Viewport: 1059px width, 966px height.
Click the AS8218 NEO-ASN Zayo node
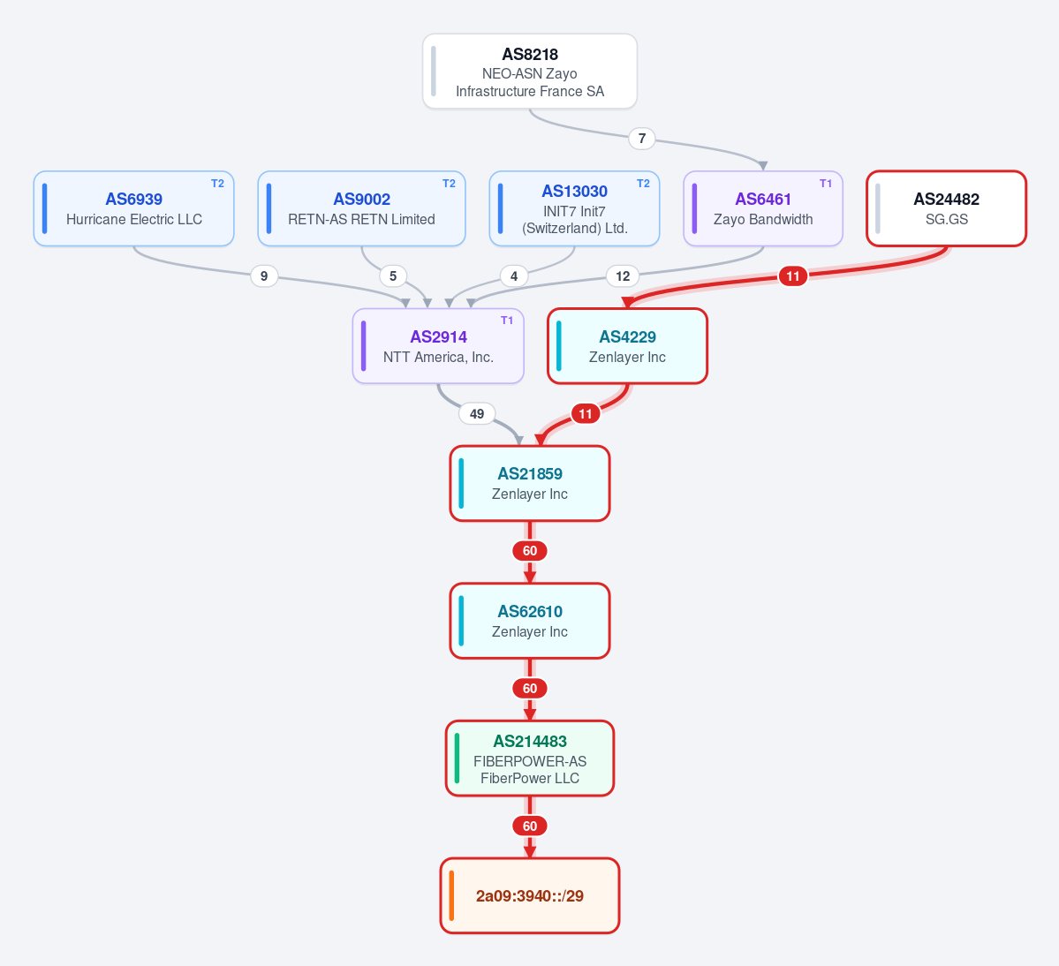[530, 71]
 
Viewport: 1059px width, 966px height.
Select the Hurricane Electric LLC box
[133, 208]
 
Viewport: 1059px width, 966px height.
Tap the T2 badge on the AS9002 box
[450, 184]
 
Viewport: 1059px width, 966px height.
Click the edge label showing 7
[641, 139]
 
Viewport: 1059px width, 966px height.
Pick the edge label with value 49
[477, 414]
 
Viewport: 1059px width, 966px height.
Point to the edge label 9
[264, 276]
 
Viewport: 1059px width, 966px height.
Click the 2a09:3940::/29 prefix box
[530, 895]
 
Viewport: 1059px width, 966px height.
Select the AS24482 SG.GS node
[946, 208]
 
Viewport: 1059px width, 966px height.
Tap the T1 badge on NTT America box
[507, 321]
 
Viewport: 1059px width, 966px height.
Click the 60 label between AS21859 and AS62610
[530, 551]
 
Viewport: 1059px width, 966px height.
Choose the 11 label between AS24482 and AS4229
[793, 276]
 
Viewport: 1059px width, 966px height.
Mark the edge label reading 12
[623, 276]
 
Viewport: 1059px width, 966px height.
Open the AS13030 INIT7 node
[574, 208]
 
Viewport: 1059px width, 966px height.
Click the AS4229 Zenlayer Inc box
[627, 346]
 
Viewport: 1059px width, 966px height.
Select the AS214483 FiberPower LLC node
[530, 758]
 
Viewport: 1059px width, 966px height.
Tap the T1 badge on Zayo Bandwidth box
[825, 184]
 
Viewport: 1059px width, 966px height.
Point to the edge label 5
[393, 276]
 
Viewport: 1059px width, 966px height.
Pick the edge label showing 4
[514, 276]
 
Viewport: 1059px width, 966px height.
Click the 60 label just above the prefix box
[530, 826]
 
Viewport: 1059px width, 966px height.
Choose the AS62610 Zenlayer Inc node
[530, 621]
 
